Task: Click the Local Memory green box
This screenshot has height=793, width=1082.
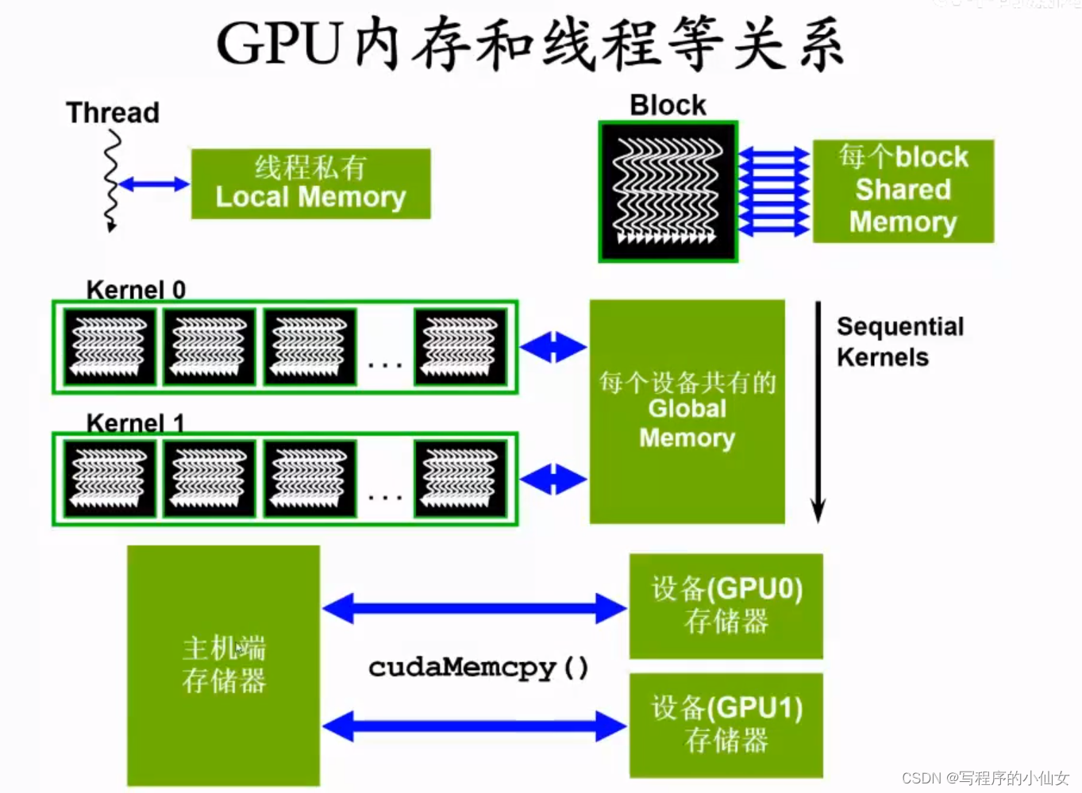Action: [310, 183]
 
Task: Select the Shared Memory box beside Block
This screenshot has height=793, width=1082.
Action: [903, 191]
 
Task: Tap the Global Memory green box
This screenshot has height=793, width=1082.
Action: [687, 411]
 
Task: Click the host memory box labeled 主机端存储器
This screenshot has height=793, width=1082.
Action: [223, 665]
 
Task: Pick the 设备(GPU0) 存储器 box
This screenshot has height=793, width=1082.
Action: [726, 606]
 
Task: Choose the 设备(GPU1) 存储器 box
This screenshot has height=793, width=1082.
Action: [726, 725]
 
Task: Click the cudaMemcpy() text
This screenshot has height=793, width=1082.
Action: [479, 668]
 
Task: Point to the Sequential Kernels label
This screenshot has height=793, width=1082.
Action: [899, 341]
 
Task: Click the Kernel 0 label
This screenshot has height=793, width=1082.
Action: [136, 290]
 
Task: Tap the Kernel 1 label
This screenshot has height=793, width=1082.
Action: [135, 422]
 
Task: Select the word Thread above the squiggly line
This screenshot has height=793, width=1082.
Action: [113, 113]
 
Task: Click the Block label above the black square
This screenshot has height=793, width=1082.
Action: [668, 105]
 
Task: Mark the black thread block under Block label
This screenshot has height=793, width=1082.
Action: [668, 191]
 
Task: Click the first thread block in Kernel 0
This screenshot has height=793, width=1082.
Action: [110, 347]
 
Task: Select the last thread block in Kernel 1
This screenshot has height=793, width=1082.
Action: [460, 479]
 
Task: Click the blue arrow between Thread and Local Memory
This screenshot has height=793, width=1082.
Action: [154, 184]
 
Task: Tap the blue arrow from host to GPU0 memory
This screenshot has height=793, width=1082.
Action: [474, 608]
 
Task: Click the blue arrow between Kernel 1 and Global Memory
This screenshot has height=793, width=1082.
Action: [553, 479]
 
